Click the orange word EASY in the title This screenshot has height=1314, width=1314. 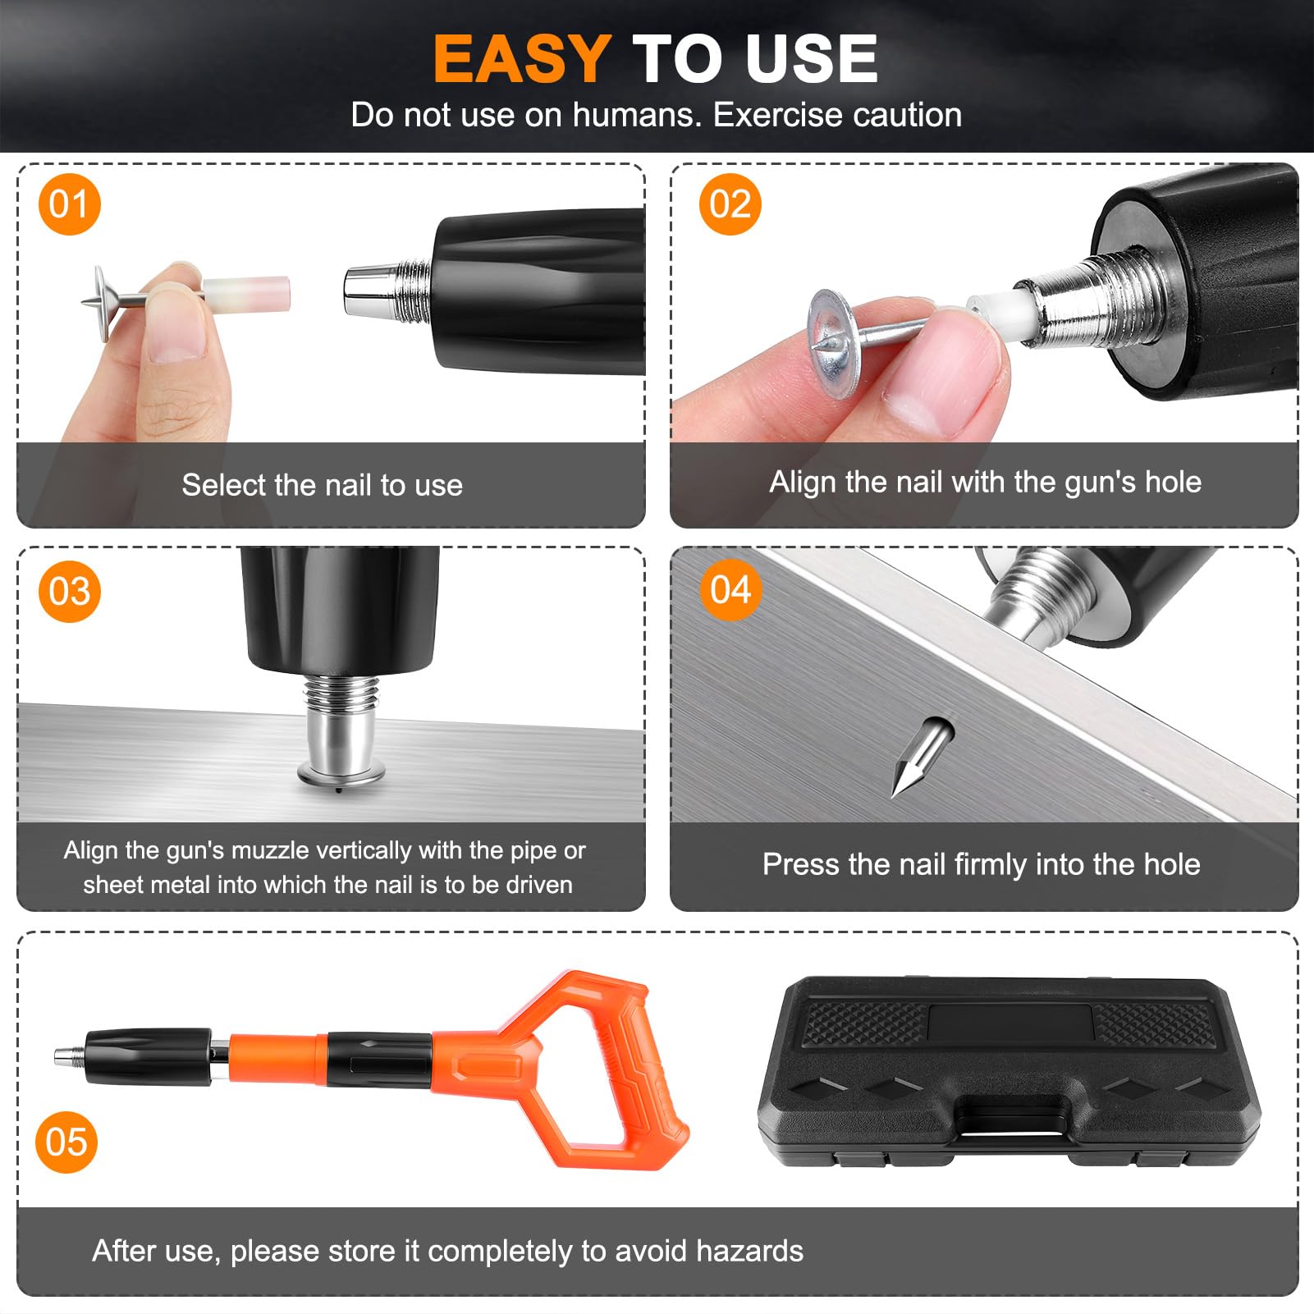click(x=521, y=59)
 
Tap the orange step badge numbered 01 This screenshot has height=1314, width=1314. click(x=69, y=204)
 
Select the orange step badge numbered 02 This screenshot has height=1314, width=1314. click(x=730, y=204)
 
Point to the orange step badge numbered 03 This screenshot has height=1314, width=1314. click(x=69, y=591)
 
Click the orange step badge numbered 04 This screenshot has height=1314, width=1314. click(x=730, y=589)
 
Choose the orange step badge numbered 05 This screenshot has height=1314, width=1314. click(x=66, y=1142)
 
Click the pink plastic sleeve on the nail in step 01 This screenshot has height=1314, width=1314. click(x=246, y=294)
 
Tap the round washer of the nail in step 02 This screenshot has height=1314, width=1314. click(x=834, y=339)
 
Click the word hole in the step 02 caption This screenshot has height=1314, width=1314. click(x=1173, y=482)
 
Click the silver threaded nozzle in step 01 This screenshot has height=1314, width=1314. click(x=387, y=290)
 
